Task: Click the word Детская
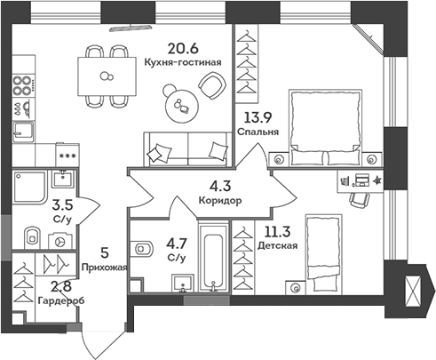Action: (x=278, y=244)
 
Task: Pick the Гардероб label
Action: (x=61, y=300)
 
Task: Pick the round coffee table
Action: (x=186, y=106)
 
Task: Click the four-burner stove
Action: (x=21, y=93)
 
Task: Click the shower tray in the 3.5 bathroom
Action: (x=30, y=191)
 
